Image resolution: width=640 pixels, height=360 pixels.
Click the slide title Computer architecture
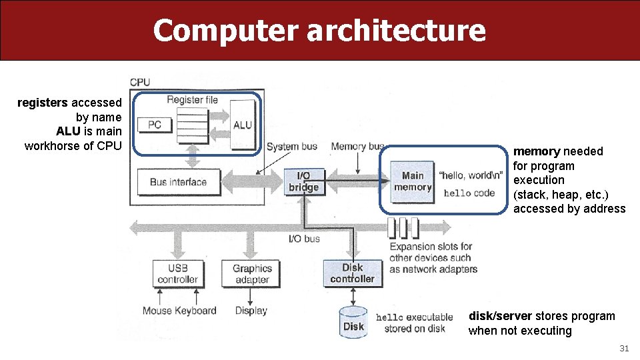(319, 31)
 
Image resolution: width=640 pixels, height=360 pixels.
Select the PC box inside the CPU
(155, 125)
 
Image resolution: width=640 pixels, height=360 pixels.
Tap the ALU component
(243, 125)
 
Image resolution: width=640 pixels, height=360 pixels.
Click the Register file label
(192, 100)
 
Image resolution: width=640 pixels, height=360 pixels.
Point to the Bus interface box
(178, 182)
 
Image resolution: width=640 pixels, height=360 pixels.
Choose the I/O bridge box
(303, 182)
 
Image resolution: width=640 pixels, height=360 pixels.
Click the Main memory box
(413, 181)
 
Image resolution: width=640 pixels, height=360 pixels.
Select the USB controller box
(177, 274)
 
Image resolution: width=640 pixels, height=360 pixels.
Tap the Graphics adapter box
(252, 274)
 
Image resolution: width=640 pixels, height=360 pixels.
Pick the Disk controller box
(352, 273)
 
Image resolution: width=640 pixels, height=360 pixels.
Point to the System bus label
(291, 147)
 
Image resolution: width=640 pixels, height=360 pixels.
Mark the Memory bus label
(358, 147)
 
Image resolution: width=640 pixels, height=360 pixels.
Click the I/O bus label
(303, 238)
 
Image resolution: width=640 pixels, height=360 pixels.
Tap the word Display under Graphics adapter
(251, 311)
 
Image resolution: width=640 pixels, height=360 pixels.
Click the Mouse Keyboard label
(179, 311)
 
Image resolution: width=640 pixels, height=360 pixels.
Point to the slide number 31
(624, 348)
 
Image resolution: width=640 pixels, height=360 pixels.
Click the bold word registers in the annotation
(43, 103)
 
